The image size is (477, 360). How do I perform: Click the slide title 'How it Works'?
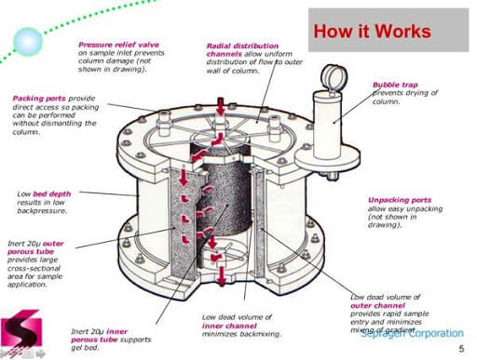tap(371, 31)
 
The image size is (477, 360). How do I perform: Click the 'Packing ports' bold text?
tap(39, 98)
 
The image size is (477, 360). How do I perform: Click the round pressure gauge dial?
tap(330, 75)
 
